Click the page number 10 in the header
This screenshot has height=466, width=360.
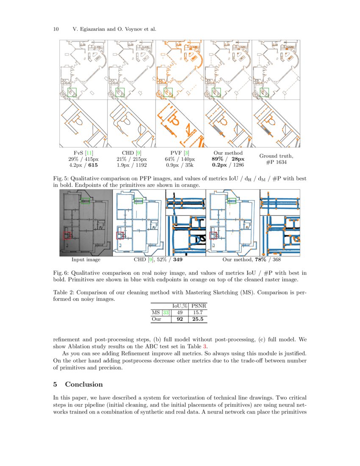(x=55, y=29)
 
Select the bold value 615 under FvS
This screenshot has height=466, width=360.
(x=92, y=165)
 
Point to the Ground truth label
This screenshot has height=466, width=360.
(x=276, y=156)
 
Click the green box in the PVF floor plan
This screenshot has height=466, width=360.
(x=168, y=92)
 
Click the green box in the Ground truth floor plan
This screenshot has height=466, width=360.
(x=264, y=92)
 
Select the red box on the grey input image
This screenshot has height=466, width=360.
(x=67, y=235)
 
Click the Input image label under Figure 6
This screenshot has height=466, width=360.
(x=86, y=260)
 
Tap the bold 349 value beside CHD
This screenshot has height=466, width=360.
(x=178, y=260)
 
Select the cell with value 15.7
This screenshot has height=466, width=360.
(x=198, y=313)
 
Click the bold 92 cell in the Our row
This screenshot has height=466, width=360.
(x=180, y=319)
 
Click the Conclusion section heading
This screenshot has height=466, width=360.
(x=83, y=384)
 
